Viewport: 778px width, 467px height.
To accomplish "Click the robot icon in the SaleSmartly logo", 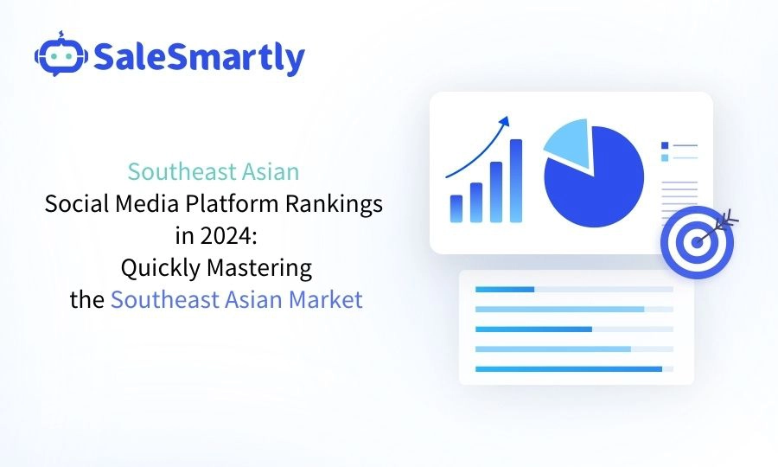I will [x=60, y=56].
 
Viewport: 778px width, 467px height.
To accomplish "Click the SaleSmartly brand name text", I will [x=198, y=58].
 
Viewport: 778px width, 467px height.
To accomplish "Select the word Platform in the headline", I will [x=231, y=205].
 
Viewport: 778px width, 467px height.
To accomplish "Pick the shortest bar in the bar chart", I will [x=456, y=208].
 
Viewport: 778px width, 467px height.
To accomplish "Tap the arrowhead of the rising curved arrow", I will [x=505, y=120].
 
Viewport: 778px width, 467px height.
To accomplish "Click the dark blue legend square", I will [x=664, y=145].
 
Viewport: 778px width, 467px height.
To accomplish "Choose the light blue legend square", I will [x=664, y=157].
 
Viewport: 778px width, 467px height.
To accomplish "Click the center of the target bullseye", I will [x=696, y=242].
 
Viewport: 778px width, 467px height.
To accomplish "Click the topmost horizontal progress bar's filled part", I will [x=505, y=289].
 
